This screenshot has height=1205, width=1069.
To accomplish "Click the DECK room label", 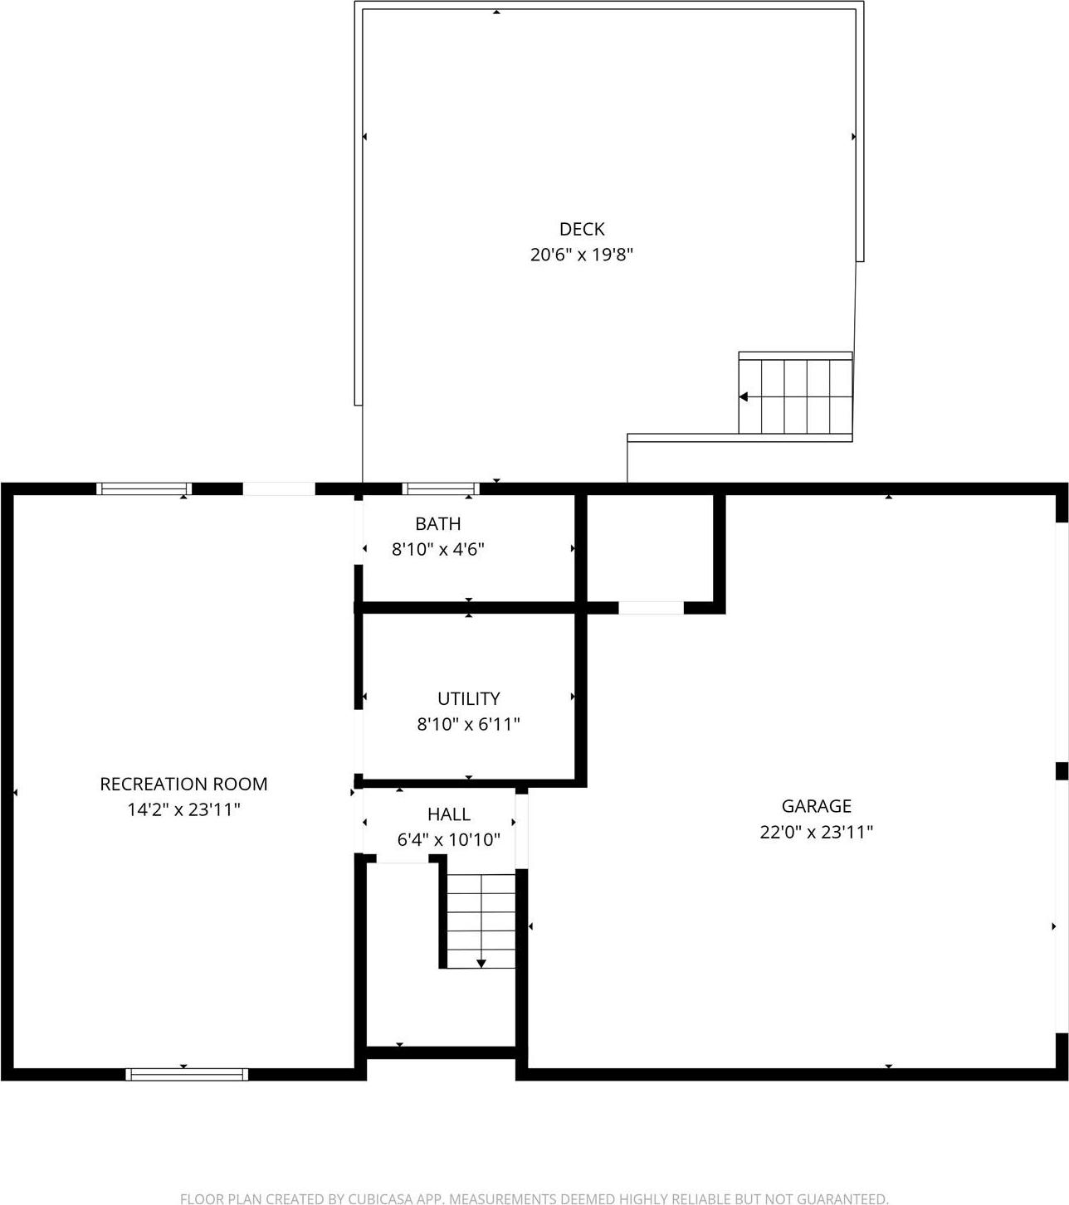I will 581,229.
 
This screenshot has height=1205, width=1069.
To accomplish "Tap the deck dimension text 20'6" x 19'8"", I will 581,255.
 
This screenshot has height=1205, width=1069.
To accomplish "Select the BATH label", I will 437,523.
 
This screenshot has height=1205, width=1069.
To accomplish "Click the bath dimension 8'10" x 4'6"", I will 437,549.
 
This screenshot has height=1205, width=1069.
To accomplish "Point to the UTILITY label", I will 468,698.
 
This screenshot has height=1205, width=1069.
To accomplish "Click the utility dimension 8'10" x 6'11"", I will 468,724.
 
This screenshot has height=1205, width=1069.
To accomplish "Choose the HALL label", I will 448,814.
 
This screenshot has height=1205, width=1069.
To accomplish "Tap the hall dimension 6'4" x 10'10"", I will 448,840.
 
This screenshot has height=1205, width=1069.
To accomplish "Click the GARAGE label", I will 816,805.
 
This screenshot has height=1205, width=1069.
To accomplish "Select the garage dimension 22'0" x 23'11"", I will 816,832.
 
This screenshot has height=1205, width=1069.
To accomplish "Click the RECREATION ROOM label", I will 183,784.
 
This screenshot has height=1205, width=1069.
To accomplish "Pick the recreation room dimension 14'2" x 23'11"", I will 183,809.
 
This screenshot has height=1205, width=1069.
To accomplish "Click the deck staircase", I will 795,396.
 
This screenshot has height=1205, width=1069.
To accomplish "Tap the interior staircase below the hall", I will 481,921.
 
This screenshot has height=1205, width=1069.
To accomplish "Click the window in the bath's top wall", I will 441,488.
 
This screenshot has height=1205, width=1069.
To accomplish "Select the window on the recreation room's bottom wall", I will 187,1074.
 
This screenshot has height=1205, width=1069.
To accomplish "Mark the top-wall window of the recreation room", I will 144,488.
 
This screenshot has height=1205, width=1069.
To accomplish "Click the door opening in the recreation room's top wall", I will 279,489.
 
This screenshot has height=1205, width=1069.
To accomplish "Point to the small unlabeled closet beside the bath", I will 650,548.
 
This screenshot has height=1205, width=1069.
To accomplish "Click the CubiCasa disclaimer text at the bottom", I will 534,1198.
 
